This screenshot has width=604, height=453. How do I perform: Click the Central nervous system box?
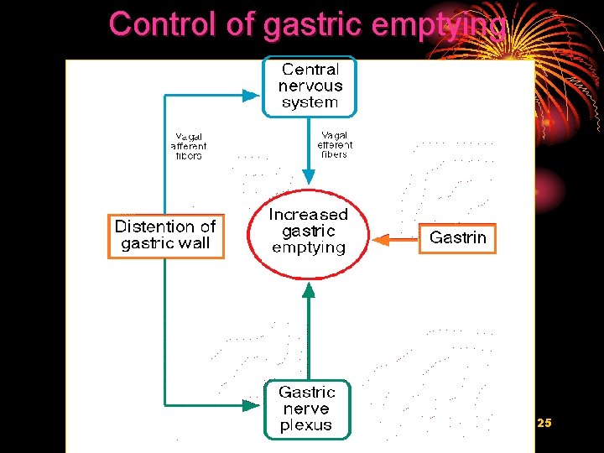(x=310, y=86)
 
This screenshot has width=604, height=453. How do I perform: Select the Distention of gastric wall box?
(x=166, y=236)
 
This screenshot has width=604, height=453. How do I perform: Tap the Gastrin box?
(x=457, y=238)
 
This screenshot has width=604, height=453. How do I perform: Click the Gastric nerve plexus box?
(x=307, y=409)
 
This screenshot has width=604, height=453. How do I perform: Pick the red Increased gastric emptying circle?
(x=308, y=232)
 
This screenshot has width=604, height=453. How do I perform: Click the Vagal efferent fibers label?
(x=335, y=143)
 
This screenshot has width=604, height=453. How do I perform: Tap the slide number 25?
(x=544, y=424)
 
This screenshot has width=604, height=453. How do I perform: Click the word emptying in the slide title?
(x=439, y=25)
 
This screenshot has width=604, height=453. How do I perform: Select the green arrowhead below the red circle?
(x=309, y=289)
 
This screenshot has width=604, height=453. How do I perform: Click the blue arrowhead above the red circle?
(x=309, y=177)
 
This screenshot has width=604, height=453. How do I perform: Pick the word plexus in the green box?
(x=306, y=425)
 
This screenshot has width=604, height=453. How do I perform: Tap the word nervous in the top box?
(x=310, y=86)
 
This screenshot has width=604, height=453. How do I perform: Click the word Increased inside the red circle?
(x=308, y=215)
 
